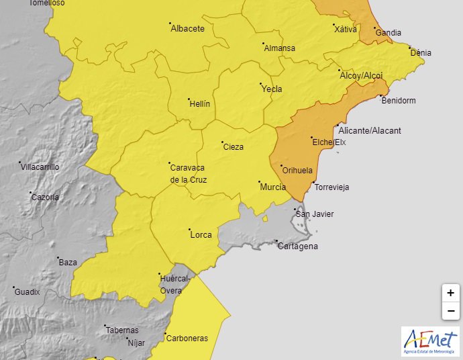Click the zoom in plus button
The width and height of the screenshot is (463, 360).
pyautogui.click(x=450, y=293)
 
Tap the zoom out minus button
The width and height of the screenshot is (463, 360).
pyautogui.click(x=450, y=311)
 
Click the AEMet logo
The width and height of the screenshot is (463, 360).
pyautogui.click(x=430, y=341)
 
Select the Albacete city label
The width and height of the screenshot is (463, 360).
pyautogui.click(x=188, y=29)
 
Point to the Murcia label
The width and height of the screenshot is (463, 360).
pyautogui.click(x=272, y=187)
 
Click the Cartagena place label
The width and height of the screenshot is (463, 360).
pyautogui.click(x=298, y=246)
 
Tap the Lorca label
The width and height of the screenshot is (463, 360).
pyautogui.click(x=201, y=235)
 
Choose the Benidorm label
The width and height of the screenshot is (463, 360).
pyautogui.click(x=398, y=101)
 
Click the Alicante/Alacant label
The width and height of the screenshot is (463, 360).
pyautogui.click(x=370, y=131)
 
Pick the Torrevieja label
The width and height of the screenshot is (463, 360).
pyautogui.click(x=331, y=187)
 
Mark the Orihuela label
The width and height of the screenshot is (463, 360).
pyautogui.click(x=297, y=171)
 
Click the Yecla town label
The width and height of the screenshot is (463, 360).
pyautogui.click(x=272, y=89)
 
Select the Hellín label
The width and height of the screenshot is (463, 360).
pyautogui.click(x=200, y=104)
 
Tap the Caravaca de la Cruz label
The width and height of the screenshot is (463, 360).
pyautogui.click(x=189, y=173)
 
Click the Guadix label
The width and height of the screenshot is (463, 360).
pyautogui.click(x=28, y=292)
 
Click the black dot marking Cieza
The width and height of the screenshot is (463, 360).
pyautogui.click(x=221, y=142)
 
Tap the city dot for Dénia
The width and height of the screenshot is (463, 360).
pyautogui.click(x=410, y=48)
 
